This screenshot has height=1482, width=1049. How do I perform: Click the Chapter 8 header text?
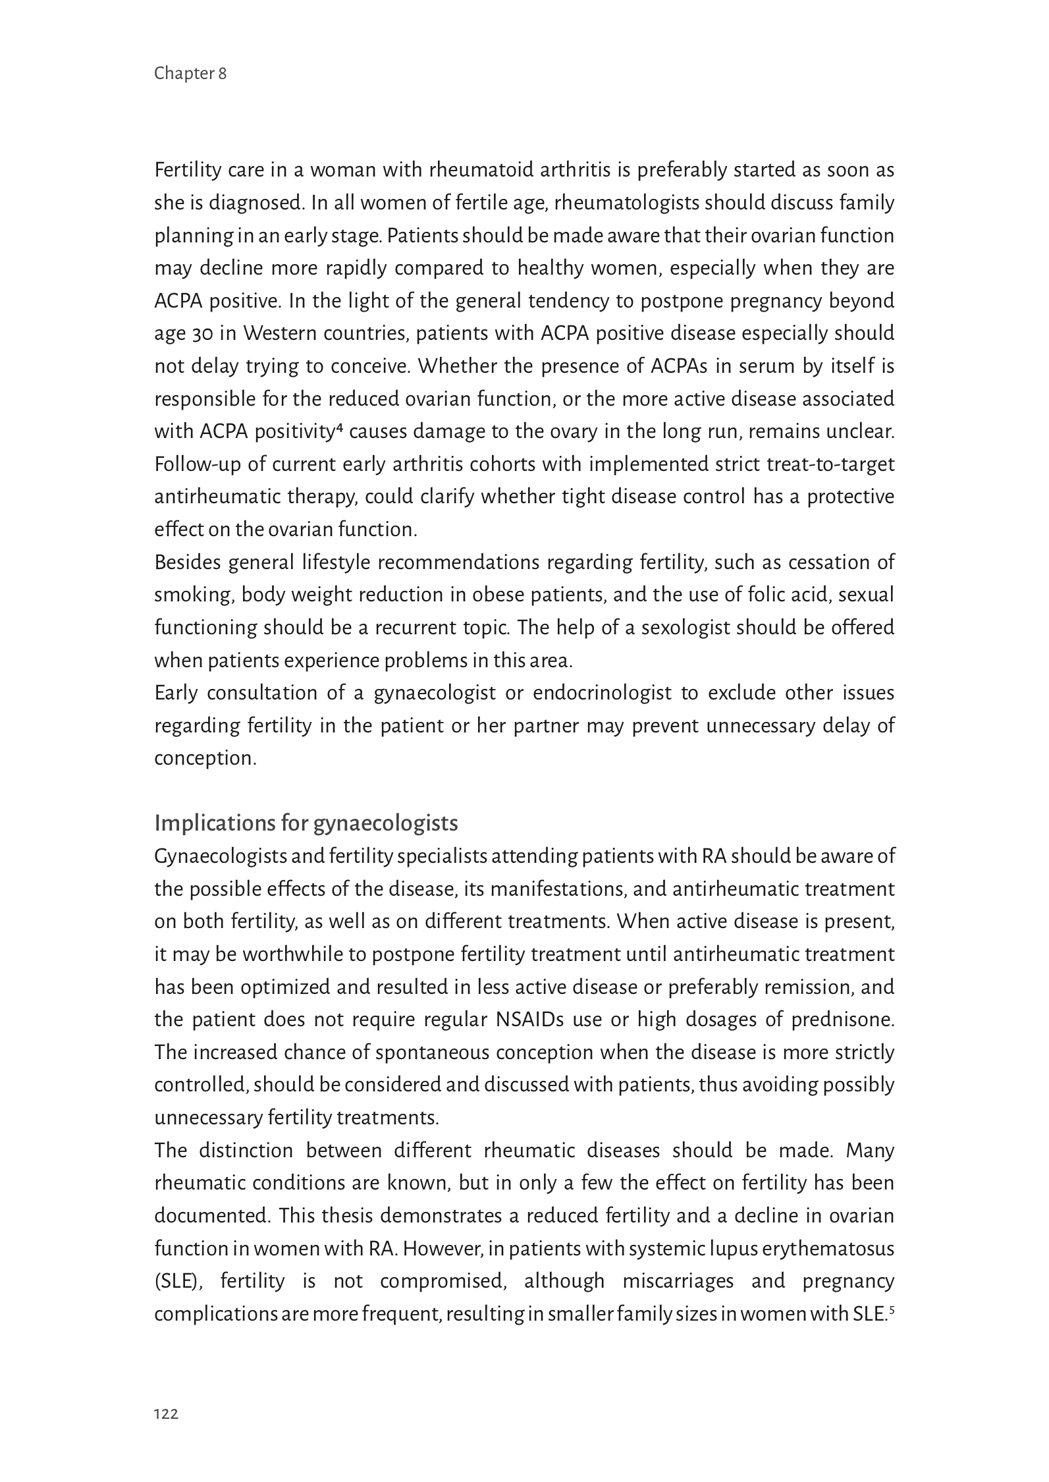click(x=190, y=74)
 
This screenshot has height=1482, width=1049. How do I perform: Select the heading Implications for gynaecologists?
click(x=306, y=823)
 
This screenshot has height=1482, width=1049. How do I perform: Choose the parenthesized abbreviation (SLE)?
click(x=179, y=1282)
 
